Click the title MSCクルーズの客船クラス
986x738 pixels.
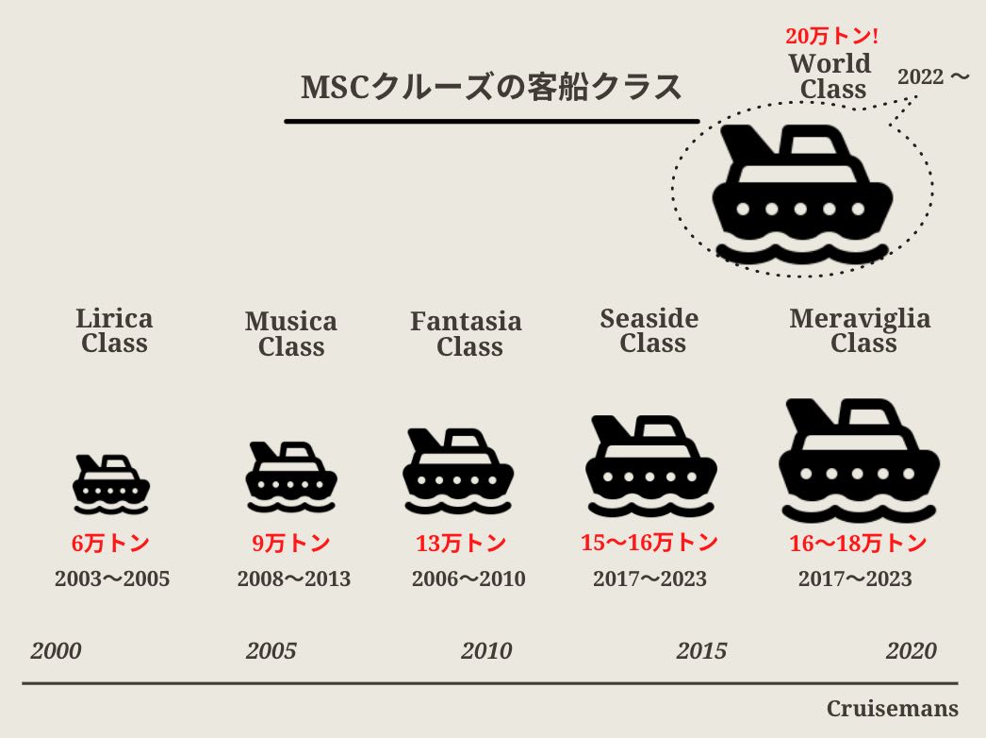[x=491, y=88]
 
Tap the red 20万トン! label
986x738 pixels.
[x=831, y=38]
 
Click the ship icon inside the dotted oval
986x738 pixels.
[x=802, y=193]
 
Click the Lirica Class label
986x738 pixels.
[x=114, y=330]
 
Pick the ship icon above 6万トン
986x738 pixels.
[x=111, y=483]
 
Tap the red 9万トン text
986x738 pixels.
[x=291, y=544]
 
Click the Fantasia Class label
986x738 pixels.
[x=466, y=334]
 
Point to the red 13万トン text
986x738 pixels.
[x=461, y=544]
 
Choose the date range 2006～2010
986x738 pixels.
[x=468, y=579]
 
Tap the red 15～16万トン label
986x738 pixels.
[x=649, y=543]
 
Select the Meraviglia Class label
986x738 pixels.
[x=860, y=330]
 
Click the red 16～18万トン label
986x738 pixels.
[x=858, y=544]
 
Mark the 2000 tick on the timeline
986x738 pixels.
[x=57, y=651]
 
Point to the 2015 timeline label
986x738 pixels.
[x=701, y=651]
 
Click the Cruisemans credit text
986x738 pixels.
[x=892, y=709]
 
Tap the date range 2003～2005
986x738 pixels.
[x=112, y=579]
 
